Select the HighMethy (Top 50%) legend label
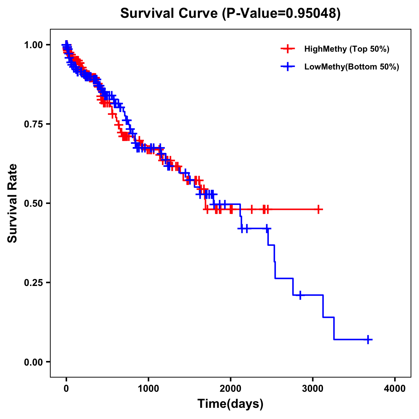[x=346, y=49]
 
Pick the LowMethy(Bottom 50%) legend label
[x=351, y=67]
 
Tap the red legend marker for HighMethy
[x=288, y=49]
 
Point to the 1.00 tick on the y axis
[x=33, y=45]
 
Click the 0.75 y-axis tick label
[x=33, y=124]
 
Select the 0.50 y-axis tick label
[x=33, y=204]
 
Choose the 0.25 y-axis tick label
[x=33, y=283]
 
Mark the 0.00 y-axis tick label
[x=33, y=362]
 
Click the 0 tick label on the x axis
[x=66, y=389]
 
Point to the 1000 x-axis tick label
[x=148, y=389]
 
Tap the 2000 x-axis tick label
[x=230, y=389]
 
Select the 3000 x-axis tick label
[x=313, y=389]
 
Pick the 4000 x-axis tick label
[x=395, y=389]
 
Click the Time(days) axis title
[x=230, y=404]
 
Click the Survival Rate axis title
[x=13, y=203]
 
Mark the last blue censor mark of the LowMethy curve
[x=368, y=339]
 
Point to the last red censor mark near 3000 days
[x=318, y=209]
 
